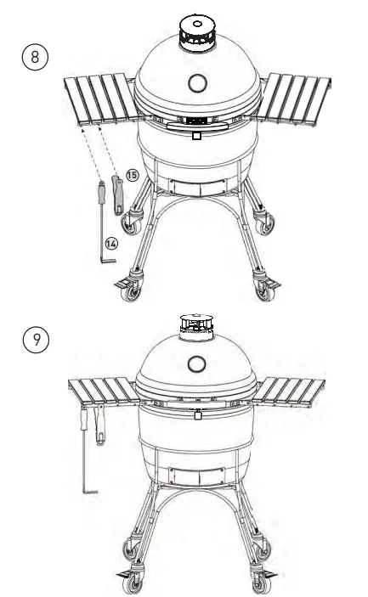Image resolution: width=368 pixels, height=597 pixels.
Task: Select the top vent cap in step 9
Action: (196, 324)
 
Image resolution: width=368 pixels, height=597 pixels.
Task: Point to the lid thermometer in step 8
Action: (195, 83)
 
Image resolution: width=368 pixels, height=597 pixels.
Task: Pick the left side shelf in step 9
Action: (98, 391)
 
